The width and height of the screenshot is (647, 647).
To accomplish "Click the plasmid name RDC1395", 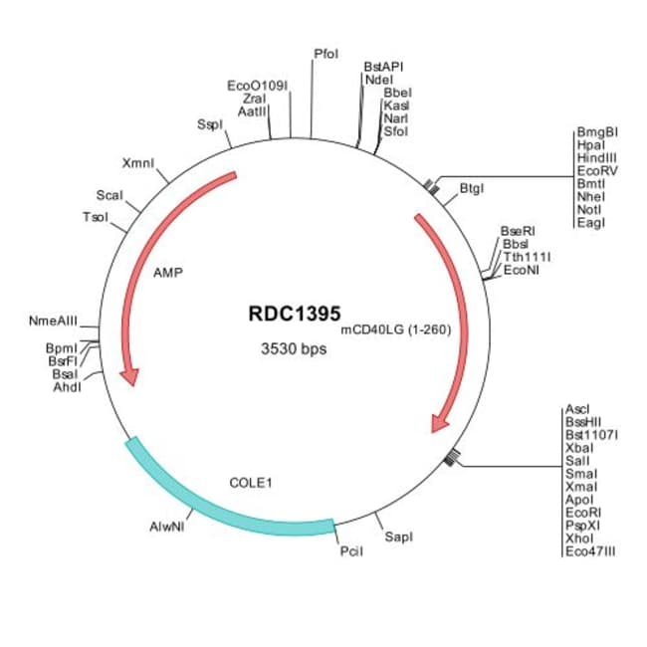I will (294, 312).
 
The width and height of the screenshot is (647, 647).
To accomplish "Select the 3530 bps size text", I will (293, 349).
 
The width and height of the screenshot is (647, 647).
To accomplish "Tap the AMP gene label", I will (168, 271).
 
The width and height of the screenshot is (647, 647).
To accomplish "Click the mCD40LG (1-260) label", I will (396, 329).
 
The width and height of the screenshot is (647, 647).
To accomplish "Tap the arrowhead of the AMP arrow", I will (127, 375).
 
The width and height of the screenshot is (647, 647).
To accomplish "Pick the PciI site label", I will (351, 550).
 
